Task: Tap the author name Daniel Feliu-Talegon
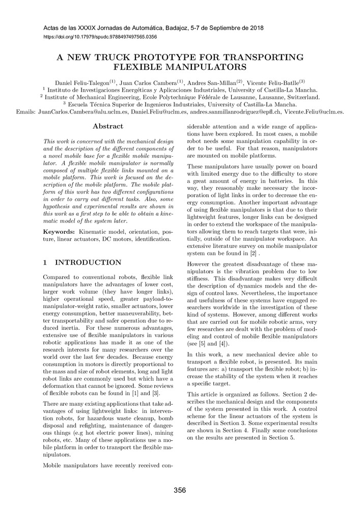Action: coord(82,82)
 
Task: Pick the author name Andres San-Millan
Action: coord(211,82)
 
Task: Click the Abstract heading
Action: coord(108,126)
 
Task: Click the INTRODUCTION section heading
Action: coord(88,263)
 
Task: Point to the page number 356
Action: coord(180,491)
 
